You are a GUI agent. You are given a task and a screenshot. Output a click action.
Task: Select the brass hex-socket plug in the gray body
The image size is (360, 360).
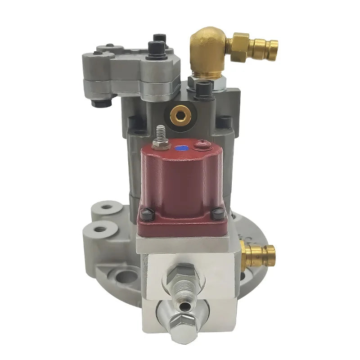[x=180, y=115]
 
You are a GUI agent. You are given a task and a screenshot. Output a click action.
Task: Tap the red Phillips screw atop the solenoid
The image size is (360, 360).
[x=201, y=144]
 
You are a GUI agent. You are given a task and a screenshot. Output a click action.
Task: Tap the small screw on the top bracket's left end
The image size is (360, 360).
[x=98, y=53]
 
